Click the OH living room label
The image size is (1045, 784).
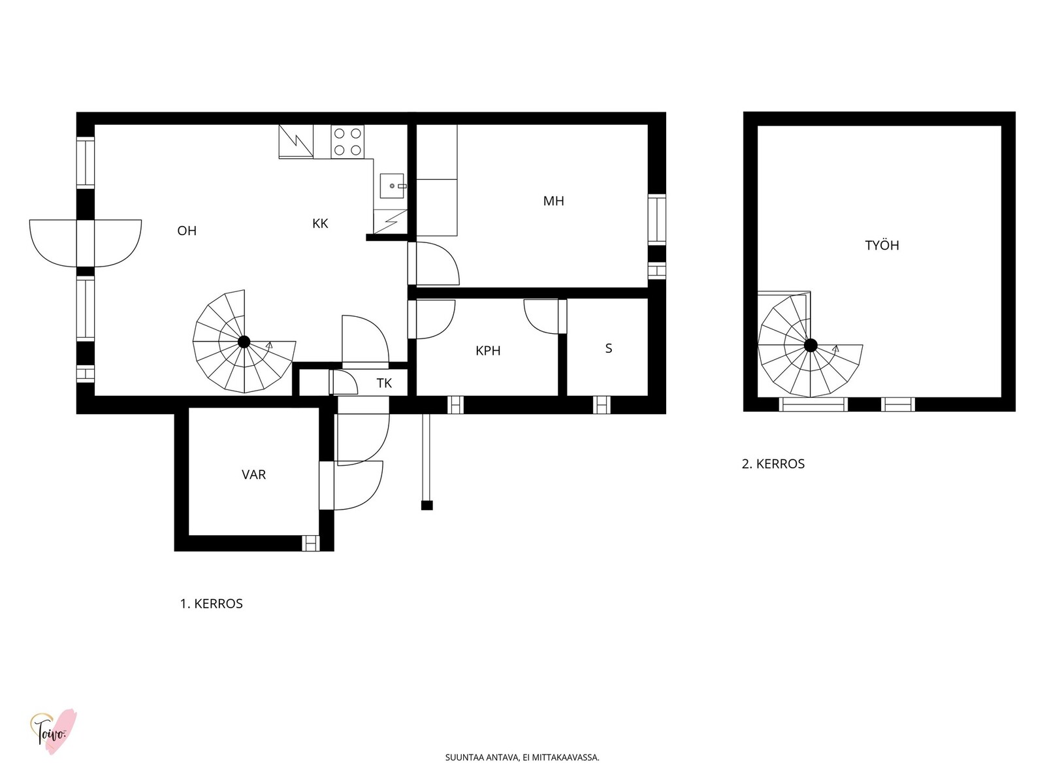(x=187, y=231)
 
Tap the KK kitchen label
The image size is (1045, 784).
(x=320, y=223)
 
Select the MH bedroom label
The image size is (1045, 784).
(x=553, y=201)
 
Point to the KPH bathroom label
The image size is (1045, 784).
(x=488, y=351)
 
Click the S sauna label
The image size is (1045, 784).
(x=609, y=348)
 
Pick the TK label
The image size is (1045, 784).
(x=384, y=384)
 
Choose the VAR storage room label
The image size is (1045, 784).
(x=253, y=474)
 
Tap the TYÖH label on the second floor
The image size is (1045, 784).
(x=882, y=245)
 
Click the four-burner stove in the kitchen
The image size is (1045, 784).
(x=347, y=142)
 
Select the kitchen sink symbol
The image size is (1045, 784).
(x=393, y=186)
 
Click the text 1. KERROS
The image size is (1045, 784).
(x=212, y=604)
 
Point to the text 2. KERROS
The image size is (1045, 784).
(x=773, y=464)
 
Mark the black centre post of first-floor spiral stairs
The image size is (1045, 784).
(x=244, y=342)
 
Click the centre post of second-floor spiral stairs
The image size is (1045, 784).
(x=811, y=345)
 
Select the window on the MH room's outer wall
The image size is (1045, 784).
(x=656, y=220)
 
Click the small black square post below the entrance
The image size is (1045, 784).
(x=427, y=506)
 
